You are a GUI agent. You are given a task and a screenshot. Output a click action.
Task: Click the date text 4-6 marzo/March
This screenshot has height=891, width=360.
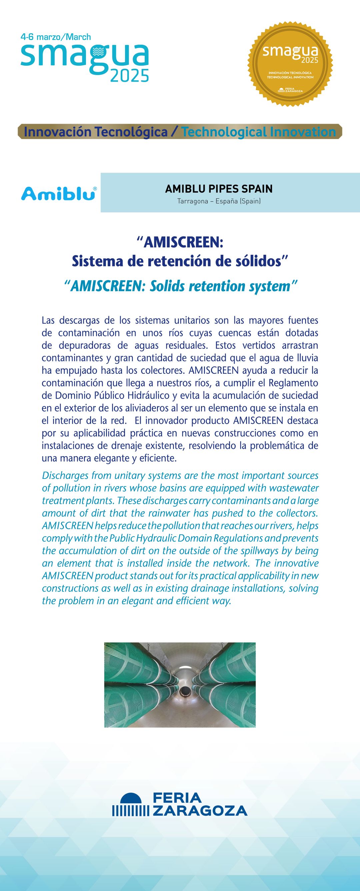click(56, 37)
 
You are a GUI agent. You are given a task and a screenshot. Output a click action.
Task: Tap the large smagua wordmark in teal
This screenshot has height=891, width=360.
click(85, 56)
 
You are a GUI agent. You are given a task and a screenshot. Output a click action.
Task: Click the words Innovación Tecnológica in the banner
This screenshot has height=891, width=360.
click(96, 132)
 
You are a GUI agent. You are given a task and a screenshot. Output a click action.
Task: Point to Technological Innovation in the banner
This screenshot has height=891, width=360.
click(258, 132)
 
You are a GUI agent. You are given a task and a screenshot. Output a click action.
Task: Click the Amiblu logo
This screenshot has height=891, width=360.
click(59, 193)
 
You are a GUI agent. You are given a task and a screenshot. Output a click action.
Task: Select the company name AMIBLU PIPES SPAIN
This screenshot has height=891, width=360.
click(219, 189)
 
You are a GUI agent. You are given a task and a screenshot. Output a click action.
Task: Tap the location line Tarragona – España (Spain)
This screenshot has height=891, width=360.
click(219, 201)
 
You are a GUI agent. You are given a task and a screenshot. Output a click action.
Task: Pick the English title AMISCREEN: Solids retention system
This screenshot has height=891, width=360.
click(181, 286)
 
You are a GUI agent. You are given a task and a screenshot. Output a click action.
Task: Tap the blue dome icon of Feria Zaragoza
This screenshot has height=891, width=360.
click(131, 798)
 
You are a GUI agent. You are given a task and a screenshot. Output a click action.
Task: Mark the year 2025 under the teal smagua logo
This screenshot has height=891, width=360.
click(129, 76)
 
